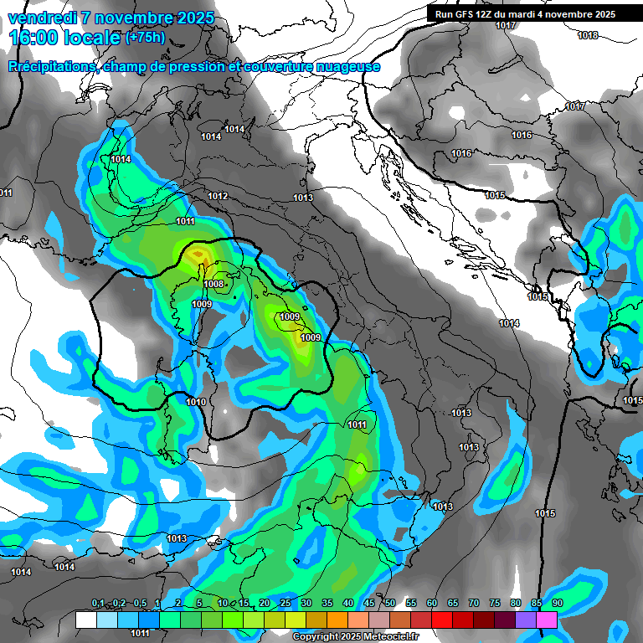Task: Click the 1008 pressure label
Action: click(213, 285)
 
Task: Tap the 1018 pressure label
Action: click(588, 35)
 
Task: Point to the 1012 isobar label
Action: click(219, 196)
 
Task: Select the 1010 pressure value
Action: click(196, 403)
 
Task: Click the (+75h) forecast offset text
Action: click(145, 37)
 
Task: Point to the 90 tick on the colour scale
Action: click(557, 604)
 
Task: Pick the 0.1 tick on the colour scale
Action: click(98, 604)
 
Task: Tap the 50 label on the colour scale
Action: click(390, 604)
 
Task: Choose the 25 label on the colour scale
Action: click(285, 604)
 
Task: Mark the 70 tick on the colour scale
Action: click(474, 604)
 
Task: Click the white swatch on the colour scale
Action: click(85, 620)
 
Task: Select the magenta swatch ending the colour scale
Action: click(547, 620)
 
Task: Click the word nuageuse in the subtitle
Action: click(342, 66)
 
